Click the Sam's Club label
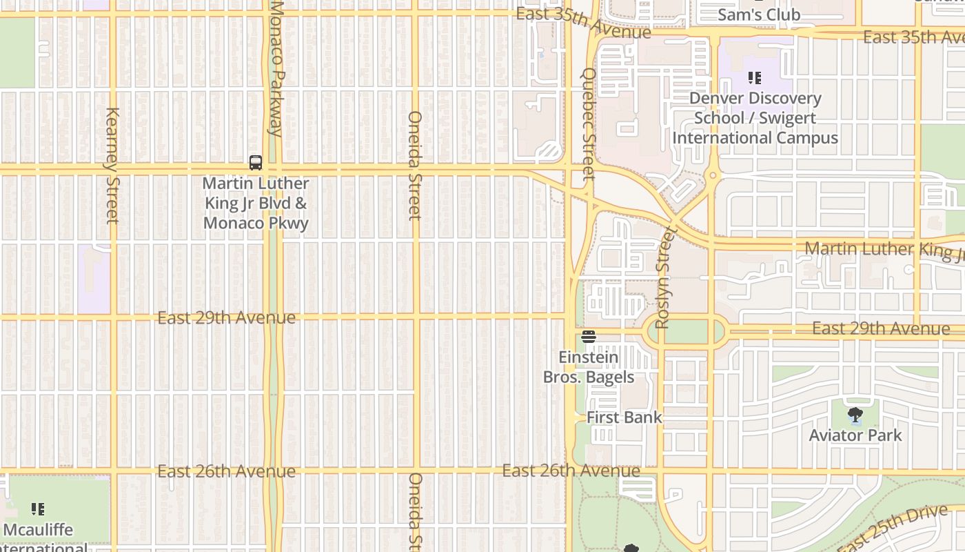pos(759,14)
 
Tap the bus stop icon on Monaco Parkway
pos(256,163)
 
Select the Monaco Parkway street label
pos(276,69)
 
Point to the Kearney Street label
pos(113,166)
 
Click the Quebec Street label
pos(589,124)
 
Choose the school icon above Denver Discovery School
pos(755,78)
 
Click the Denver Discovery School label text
pos(755,118)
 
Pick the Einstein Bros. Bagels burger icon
pos(589,337)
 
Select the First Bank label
pos(624,417)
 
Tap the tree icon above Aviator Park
pos(855,415)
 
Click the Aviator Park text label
pos(855,435)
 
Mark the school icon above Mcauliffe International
pos(38,509)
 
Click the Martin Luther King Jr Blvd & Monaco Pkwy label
pos(256,204)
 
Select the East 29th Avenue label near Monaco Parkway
pos(226,318)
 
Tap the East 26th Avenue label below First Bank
pos(571,471)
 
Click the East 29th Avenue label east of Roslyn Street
pos(880,329)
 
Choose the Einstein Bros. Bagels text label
pos(589,367)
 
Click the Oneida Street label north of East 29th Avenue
pos(414,166)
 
